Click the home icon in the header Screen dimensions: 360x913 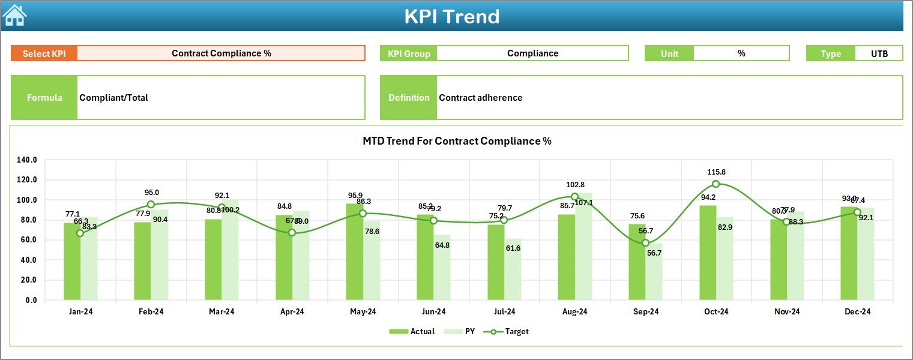click(14, 15)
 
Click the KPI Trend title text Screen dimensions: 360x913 click(451, 16)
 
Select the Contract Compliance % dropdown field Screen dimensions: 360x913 click(221, 53)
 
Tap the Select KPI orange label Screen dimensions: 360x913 click(44, 53)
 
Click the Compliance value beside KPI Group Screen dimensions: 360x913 click(532, 53)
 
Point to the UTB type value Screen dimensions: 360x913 click(879, 53)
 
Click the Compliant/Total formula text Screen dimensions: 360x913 click(113, 98)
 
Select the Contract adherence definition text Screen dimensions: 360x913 click(480, 98)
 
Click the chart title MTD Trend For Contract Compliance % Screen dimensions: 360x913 click(457, 141)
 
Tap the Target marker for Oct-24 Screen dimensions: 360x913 click(716, 184)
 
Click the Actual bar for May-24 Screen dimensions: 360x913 click(355, 252)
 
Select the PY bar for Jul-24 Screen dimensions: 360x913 click(513, 270)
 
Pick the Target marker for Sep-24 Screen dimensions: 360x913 click(645, 243)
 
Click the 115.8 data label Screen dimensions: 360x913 click(716, 172)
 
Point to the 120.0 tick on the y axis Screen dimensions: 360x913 click(27, 180)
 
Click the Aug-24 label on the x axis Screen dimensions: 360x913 click(574, 311)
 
